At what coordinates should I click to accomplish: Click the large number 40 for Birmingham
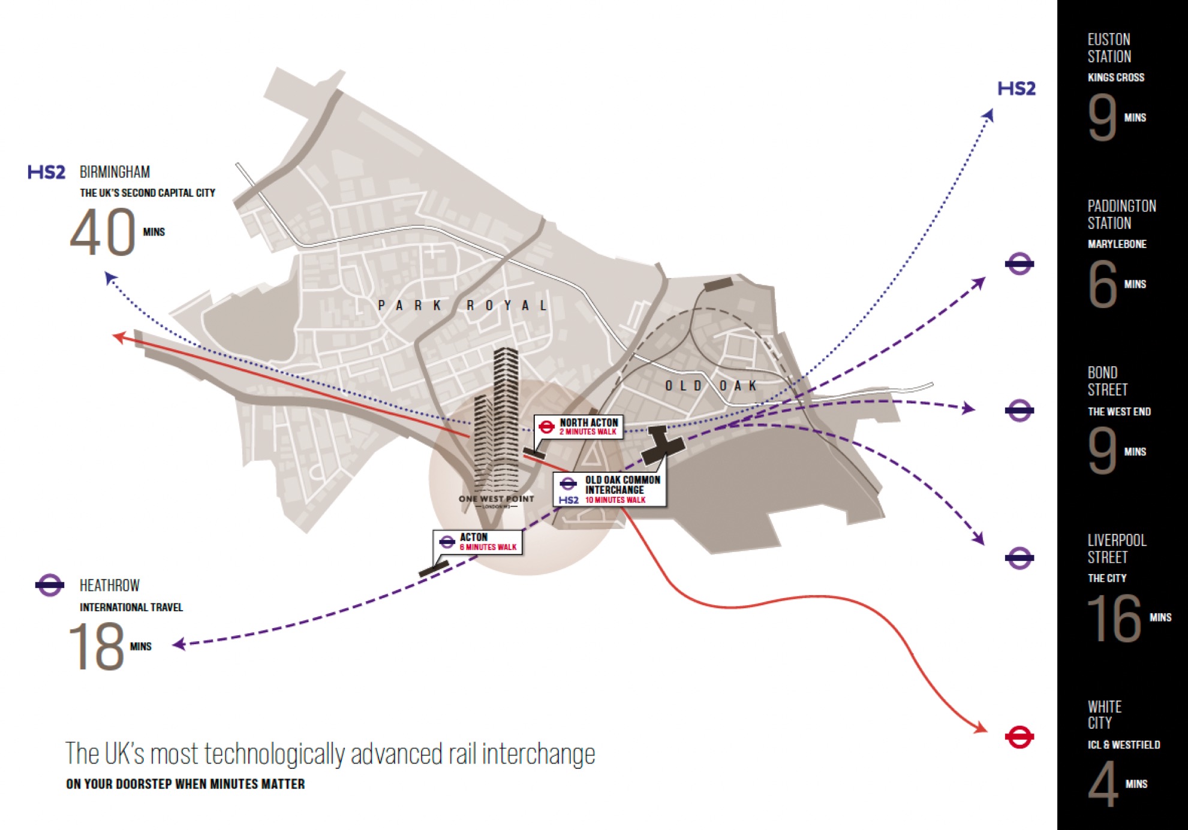103,232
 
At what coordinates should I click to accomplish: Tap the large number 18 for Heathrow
96,647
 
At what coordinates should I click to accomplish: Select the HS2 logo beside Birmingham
46,173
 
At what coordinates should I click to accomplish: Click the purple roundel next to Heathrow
49,585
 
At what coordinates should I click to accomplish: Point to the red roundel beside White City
1019,737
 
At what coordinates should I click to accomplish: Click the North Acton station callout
579,427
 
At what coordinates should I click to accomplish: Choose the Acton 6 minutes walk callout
478,542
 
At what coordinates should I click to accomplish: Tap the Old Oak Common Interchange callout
610,490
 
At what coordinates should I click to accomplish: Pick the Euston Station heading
1109,48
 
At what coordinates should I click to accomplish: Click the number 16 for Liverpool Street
1114,618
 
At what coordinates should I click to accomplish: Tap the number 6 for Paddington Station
1102,284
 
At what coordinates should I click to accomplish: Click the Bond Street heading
1107,381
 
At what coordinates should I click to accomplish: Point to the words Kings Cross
1115,77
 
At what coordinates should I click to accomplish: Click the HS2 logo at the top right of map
1016,89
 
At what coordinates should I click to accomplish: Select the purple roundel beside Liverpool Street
1019,559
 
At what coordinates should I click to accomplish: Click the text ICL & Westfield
1123,745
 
